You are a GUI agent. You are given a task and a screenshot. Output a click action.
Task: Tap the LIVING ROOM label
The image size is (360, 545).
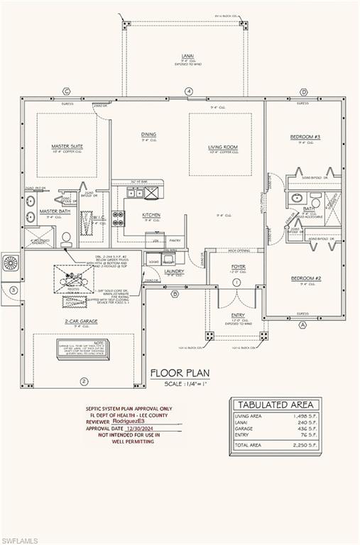pos(222,148)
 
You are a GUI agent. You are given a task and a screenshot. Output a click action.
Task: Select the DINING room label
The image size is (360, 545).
pos(148,134)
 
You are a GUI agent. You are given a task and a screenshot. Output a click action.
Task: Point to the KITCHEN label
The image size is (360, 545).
pos(151,215)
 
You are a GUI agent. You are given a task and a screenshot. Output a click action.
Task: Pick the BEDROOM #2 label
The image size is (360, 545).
pos(305,279)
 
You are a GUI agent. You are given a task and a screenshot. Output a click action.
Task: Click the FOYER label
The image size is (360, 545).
pos(237,268)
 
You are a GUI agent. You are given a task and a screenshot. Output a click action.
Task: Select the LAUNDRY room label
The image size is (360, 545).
pos(173,270)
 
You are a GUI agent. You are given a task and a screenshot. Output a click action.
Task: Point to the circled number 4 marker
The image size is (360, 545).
pos(189,91)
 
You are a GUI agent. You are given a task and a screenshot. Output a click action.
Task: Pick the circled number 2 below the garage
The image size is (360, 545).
pos(84,381)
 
